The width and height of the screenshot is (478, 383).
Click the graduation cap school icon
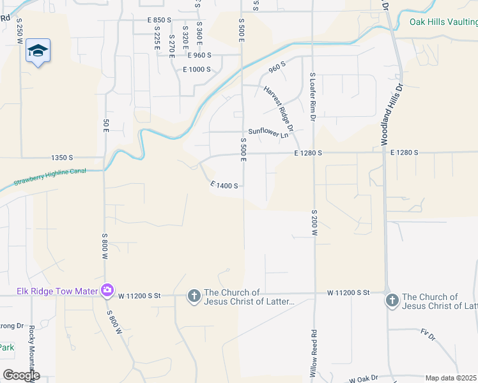pyautogui.click(x=38, y=50)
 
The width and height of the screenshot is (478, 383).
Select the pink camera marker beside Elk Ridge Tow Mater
pyautogui.click(x=107, y=291)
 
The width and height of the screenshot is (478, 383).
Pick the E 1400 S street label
pyautogui.click(x=224, y=186)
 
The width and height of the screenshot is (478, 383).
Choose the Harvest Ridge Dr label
pyautogui.click(x=278, y=109)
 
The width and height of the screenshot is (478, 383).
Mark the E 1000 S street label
pyautogui.click(x=197, y=70)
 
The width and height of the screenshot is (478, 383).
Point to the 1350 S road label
pyautogui.click(x=63, y=157)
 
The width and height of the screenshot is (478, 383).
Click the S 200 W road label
pyautogui.click(x=314, y=223)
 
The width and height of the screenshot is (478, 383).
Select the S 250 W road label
pyautogui.click(x=20, y=31)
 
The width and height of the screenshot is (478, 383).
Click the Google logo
pyautogui.click(x=20, y=375)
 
